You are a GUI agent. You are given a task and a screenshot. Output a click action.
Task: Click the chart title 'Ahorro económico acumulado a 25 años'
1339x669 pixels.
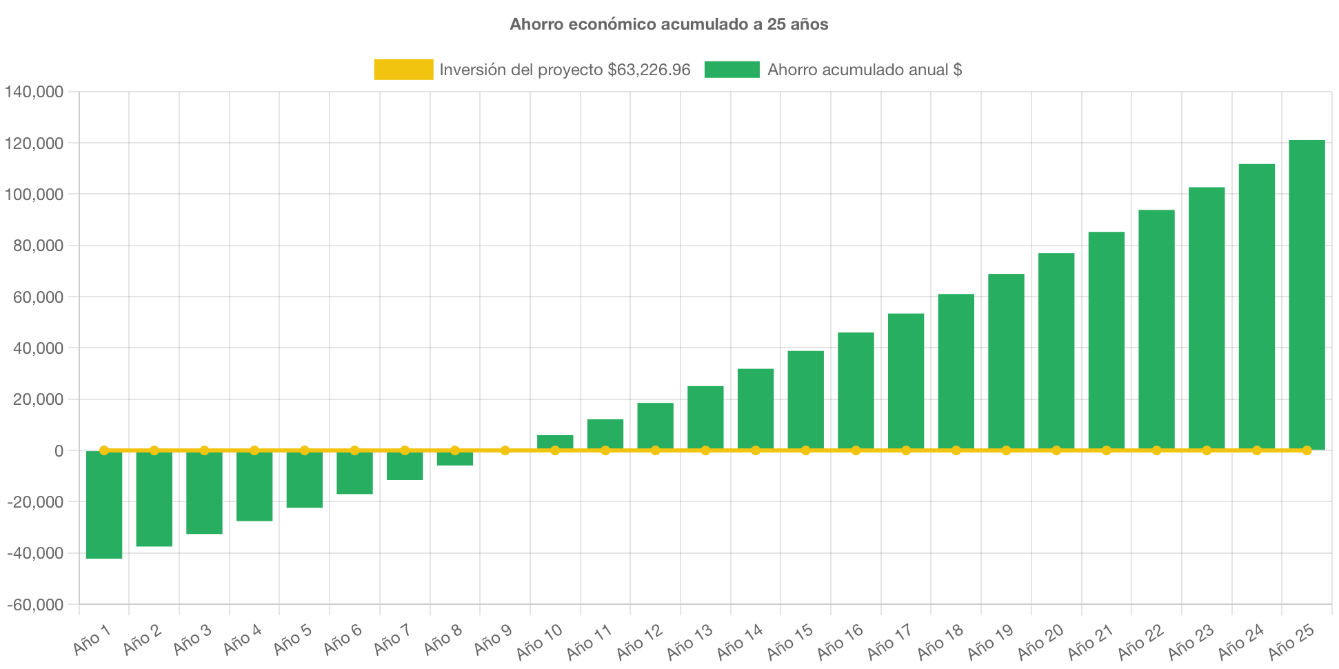click(669, 25)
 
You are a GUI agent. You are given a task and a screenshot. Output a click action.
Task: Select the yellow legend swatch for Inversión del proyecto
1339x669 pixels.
click(403, 70)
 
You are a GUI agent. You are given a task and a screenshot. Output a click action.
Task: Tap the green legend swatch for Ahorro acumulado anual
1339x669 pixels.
click(732, 70)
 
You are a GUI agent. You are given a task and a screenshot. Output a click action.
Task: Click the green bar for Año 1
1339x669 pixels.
click(104, 505)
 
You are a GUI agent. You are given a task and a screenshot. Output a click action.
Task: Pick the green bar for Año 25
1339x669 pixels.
click(1307, 294)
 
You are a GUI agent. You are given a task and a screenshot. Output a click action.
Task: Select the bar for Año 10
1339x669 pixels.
click(555, 442)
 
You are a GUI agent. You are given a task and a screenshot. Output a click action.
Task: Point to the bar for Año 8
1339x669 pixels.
click(455, 459)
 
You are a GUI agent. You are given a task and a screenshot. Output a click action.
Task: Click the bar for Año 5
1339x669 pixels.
click(305, 480)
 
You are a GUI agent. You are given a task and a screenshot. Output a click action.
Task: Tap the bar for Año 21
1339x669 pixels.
click(1107, 341)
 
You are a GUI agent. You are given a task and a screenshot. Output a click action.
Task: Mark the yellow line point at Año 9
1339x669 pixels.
click(505, 450)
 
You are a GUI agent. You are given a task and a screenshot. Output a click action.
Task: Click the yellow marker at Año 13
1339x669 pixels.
click(705, 450)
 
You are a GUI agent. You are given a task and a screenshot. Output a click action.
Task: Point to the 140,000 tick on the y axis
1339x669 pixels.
click(34, 92)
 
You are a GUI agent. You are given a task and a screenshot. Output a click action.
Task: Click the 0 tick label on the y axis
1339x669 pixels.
click(59, 451)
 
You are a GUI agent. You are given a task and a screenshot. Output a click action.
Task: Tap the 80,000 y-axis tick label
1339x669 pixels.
click(38, 246)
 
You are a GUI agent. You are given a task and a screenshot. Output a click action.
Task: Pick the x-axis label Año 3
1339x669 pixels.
click(192, 640)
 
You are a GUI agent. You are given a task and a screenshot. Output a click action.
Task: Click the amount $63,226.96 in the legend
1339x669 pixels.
click(649, 70)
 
